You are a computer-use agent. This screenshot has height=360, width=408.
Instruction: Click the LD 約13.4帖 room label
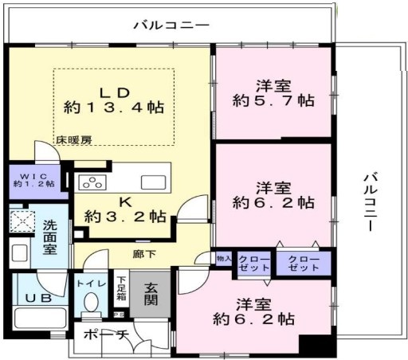114,100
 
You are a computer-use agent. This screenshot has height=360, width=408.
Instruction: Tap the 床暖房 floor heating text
74,140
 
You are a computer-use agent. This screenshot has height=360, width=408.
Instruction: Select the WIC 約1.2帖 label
34,180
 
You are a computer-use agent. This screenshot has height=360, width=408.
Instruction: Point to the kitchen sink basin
154,182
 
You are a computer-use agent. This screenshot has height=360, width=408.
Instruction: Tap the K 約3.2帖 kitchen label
125,210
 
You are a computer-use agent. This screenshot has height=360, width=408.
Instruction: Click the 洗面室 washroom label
50,237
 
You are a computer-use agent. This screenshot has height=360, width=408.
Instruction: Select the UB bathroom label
39,298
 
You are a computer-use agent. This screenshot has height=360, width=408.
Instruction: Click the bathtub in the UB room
40,318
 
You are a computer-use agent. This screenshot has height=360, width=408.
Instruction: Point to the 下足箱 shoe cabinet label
121,288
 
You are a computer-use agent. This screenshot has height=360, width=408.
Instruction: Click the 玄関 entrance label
151,295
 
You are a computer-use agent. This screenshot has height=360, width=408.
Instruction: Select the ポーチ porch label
106,335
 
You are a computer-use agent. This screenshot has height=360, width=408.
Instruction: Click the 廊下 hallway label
144,254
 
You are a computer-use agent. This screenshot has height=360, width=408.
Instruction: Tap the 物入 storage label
224,258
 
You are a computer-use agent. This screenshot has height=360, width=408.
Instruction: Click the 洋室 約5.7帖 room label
273,93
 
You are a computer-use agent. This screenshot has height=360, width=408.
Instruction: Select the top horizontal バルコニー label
171,25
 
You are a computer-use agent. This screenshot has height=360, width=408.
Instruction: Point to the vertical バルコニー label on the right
371,202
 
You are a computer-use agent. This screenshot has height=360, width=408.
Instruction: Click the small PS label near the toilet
118,314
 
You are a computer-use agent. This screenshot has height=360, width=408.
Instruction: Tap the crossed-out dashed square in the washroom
22,221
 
